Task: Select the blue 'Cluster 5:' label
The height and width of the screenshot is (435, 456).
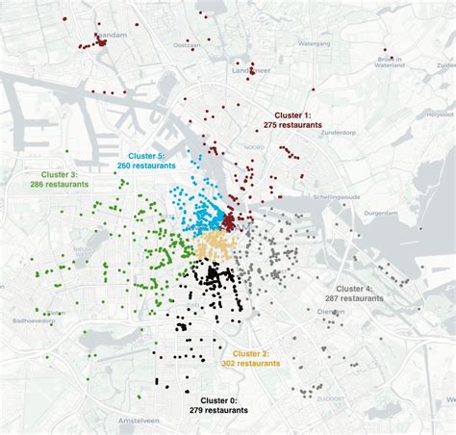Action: click(147, 155)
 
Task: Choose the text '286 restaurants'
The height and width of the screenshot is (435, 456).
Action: click(59, 184)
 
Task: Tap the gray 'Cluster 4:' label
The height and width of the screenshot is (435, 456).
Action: click(355, 289)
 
